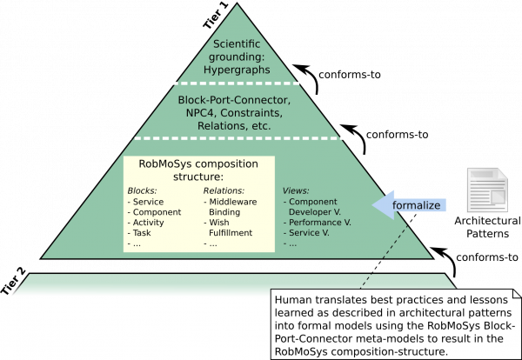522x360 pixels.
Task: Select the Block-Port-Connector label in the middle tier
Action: (x=234, y=100)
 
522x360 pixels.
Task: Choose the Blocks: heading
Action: (x=144, y=190)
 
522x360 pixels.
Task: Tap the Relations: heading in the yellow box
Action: (x=224, y=190)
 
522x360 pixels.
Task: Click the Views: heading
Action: (x=297, y=190)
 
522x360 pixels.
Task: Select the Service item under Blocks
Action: (x=147, y=201)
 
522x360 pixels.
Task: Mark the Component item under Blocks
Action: (x=154, y=211)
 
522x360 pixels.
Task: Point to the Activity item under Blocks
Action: (x=149, y=222)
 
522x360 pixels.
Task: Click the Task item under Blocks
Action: (x=143, y=232)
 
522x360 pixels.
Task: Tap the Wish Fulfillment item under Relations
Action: (x=230, y=227)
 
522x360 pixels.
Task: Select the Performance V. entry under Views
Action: (x=319, y=222)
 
